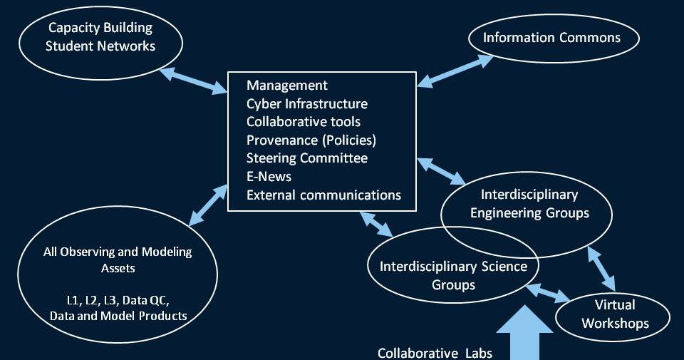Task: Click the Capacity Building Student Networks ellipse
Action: [100, 37]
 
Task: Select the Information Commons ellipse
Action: [551, 37]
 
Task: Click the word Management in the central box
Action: [287, 86]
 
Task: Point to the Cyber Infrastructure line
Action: [307, 104]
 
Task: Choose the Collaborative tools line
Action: [304, 122]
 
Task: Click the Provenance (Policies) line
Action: [311, 140]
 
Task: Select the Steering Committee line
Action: [307, 158]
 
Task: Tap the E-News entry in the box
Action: [269, 176]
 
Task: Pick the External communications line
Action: [324, 195]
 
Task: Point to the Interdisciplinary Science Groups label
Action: [453, 275]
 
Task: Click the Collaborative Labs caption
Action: [435, 352]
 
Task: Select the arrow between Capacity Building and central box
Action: [193, 79]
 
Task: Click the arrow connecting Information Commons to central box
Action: [455, 71]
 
